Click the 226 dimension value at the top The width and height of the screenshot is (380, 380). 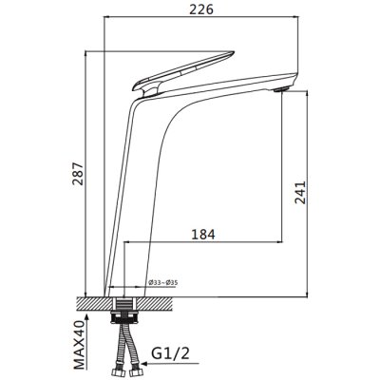[x=201, y=9]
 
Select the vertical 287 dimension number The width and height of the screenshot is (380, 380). [x=78, y=174]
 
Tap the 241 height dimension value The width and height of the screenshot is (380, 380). [x=300, y=192]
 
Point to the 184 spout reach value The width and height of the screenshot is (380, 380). [x=203, y=235]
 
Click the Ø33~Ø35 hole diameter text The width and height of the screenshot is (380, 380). [x=162, y=282]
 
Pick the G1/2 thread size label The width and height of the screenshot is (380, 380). [x=171, y=353]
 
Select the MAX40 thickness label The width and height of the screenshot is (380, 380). [x=79, y=345]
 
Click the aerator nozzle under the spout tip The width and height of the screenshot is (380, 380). [x=281, y=89]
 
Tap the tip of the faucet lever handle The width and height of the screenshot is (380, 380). [x=233, y=52]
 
